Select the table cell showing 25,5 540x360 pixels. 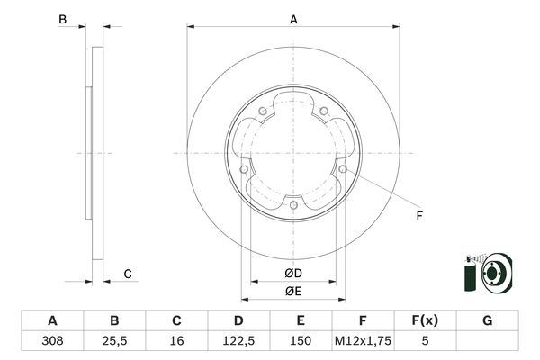coord(114,342)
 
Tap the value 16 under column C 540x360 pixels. coord(176,342)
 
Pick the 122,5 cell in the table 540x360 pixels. coord(238,342)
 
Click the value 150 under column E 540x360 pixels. coord(301,342)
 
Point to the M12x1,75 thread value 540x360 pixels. coord(363,342)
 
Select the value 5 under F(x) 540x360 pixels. coord(425,342)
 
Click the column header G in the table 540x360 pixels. coord(487,320)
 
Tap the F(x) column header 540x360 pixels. coord(425,320)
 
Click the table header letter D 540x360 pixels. coord(238,320)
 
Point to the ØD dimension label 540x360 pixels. coord(293,273)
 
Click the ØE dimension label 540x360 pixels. coord(293,290)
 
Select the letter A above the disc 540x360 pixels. coord(293,19)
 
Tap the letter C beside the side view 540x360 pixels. coord(128,274)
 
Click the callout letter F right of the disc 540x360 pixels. coord(419,216)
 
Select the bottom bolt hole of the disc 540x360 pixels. coord(294,205)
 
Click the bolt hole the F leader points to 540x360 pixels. coord(343,167)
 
